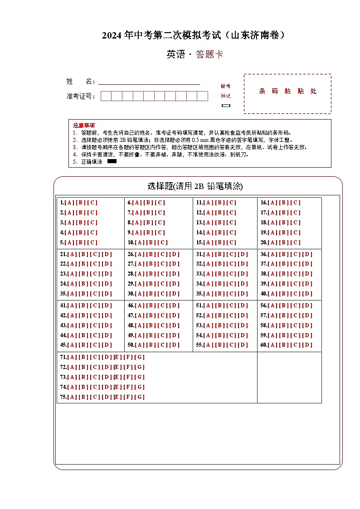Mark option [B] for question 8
149,223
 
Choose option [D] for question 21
107,254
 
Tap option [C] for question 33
232,274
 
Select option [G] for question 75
140,397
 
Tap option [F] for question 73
129,377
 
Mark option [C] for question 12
232,213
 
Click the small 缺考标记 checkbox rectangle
226,106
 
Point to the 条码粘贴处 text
287,91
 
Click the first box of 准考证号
106,96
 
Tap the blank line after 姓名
149,82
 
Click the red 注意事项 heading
84,125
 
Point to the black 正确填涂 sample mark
112,161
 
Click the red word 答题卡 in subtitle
209,55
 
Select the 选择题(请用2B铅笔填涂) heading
195,186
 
